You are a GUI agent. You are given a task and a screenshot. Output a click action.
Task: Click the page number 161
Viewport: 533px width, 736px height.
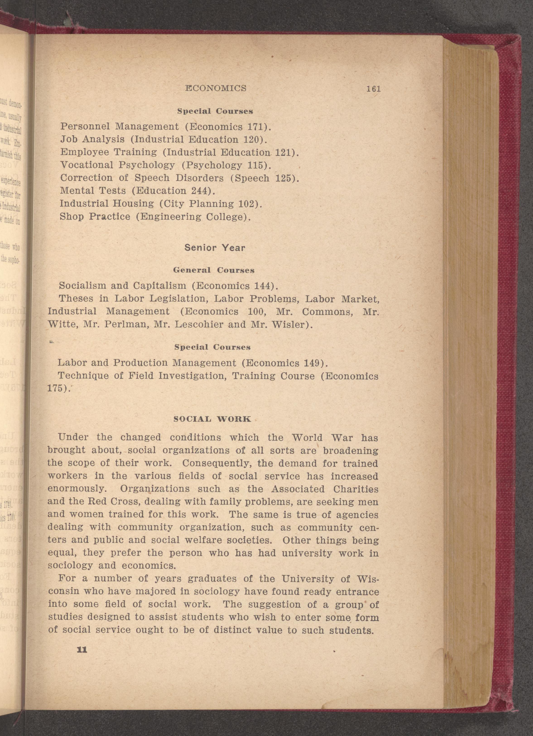373,89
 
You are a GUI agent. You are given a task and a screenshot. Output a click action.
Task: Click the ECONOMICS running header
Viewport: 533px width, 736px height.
216,88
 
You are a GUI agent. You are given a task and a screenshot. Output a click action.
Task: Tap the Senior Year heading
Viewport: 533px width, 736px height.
215,248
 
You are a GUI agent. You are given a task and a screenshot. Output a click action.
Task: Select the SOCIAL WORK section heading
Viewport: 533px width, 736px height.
212,419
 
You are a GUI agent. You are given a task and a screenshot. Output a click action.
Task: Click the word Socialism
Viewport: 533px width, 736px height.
82,286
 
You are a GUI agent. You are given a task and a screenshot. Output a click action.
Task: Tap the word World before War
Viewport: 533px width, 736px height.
307,437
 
